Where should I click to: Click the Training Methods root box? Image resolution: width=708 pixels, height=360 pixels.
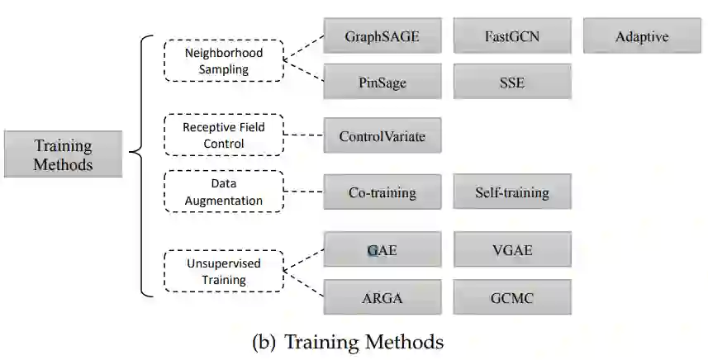coord(63,154)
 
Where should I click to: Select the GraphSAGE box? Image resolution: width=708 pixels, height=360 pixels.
coord(382,37)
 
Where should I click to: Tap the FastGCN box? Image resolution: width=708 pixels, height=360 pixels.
coord(512,37)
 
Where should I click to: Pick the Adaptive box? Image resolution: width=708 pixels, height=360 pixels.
coord(641,37)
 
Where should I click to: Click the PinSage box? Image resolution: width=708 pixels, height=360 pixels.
coord(382,83)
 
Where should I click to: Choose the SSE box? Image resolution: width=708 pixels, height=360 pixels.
coord(512,83)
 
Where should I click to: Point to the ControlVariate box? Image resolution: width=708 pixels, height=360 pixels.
coord(382,136)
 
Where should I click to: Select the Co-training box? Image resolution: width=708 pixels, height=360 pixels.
coord(382,192)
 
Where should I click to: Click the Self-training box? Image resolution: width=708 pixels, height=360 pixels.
coord(512,192)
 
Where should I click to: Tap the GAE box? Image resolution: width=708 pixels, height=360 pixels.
coord(382,250)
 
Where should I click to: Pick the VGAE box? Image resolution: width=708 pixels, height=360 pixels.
coord(512,250)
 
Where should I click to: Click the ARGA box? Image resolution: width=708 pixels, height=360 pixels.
coord(382,297)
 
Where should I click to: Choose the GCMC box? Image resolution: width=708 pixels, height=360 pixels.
coord(512,297)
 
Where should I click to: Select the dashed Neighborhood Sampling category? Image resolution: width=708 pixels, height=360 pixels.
coord(223,61)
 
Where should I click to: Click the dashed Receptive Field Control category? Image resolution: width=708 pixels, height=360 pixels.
coord(223,135)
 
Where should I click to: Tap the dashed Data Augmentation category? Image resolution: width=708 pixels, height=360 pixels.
coord(223,192)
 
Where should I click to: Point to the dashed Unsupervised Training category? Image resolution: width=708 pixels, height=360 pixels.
coord(223,272)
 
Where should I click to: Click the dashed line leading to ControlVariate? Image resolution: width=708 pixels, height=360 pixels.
coord(303,135)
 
